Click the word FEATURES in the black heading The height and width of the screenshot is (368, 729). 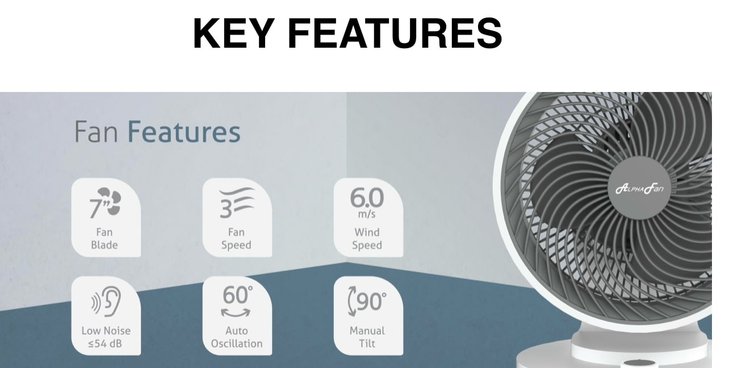(395, 33)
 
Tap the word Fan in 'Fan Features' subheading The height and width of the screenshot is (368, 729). (96, 132)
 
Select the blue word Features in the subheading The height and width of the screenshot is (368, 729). (184, 132)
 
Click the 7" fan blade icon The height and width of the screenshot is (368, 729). (105, 203)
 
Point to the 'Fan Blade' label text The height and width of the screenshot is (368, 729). (104, 239)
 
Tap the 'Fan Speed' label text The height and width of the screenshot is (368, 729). (236, 239)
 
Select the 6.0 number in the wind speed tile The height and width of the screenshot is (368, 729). (367, 198)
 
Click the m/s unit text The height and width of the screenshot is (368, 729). (367, 214)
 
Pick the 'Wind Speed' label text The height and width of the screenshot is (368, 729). (367, 239)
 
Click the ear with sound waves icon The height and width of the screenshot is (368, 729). (106, 301)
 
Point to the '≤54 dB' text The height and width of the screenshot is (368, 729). (105, 343)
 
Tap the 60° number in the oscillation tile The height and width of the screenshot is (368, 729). (237, 295)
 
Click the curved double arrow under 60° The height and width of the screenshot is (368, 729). (236, 313)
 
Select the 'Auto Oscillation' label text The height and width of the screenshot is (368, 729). (237, 337)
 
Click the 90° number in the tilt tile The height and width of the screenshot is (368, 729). (371, 301)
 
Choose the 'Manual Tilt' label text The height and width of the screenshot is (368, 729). (367, 337)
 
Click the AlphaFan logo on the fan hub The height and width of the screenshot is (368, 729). (639, 189)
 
